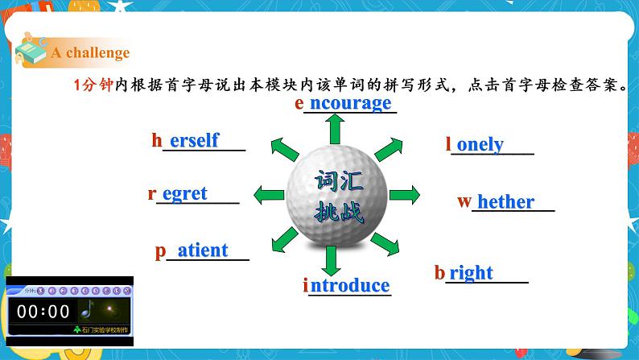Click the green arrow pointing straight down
(x=329, y=260)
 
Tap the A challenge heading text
(x=90, y=53)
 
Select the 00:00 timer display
(x=44, y=312)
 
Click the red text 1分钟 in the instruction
(x=93, y=85)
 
